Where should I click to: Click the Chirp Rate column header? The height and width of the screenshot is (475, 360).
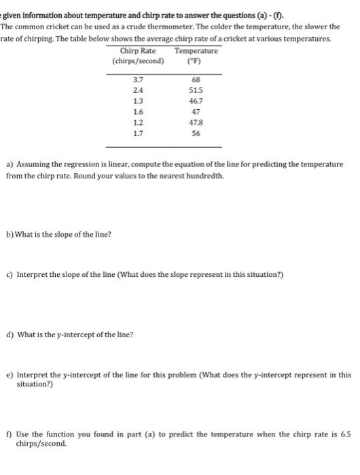[137, 51]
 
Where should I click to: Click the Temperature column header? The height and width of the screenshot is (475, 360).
[196, 51]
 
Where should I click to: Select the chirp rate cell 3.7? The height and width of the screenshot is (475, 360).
[137, 80]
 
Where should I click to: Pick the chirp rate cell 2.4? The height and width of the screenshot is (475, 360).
[137, 90]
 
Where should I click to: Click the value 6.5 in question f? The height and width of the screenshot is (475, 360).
[345, 434]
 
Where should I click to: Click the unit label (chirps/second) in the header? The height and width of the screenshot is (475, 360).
[138, 61]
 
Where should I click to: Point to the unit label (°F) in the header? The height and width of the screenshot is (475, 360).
[196, 61]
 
